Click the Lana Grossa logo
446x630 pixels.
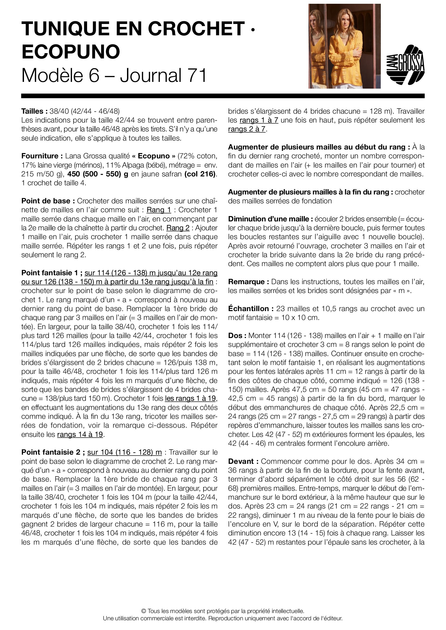[x=405, y=65]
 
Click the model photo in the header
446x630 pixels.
[x=344, y=46]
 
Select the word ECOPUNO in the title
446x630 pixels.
[x=71, y=52]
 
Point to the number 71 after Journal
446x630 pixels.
[x=197, y=75]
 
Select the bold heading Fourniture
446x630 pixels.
[x=42, y=156]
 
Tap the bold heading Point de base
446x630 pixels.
[x=48, y=201]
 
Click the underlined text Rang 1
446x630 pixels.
[x=159, y=210]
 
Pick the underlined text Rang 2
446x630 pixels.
[x=178, y=228]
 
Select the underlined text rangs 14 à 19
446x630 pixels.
[x=80, y=434]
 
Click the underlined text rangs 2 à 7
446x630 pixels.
[x=247, y=129]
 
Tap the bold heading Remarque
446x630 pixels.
[x=246, y=282]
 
